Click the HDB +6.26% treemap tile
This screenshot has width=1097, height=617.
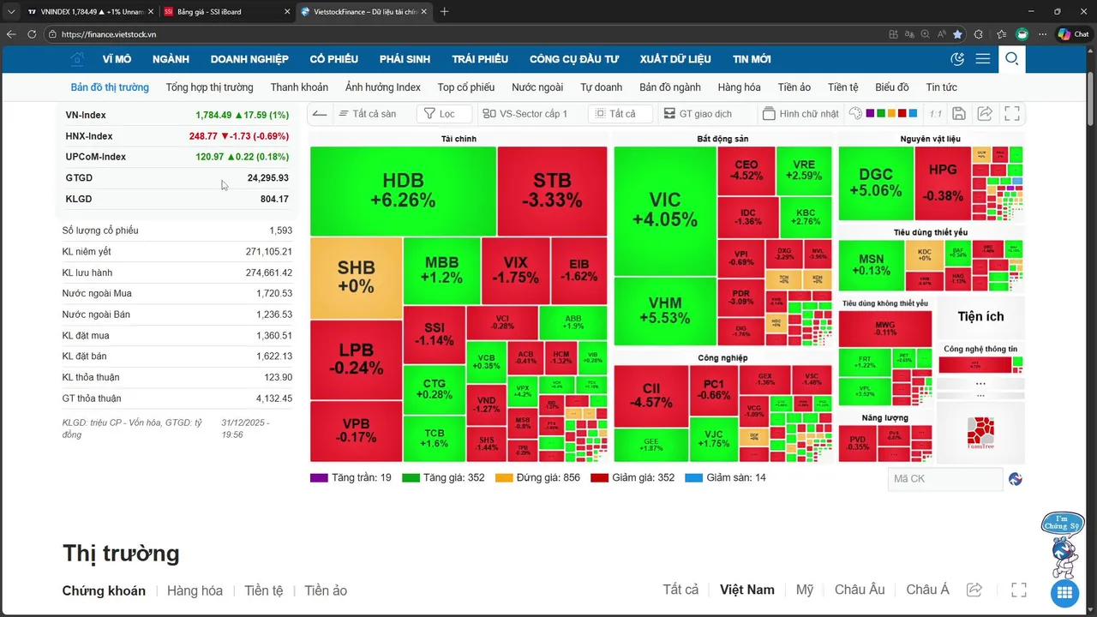point(403,190)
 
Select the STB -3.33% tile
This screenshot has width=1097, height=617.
point(552,190)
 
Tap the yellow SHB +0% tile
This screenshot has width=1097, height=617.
point(356,276)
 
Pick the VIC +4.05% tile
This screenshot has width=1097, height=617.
point(664,209)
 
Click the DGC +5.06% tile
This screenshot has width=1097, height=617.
point(875,183)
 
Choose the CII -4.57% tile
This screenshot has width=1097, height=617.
point(650,395)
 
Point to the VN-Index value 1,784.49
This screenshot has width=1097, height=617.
point(213,115)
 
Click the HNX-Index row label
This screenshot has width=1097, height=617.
point(89,136)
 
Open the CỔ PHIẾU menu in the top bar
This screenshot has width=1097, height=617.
point(333,59)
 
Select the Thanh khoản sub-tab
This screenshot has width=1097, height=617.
point(299,87)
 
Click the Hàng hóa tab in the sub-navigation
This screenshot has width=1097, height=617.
point(739,87)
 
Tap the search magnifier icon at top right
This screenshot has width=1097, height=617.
point(1011,59)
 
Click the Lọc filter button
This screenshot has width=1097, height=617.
point(444,114)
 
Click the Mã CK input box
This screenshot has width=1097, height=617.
point(944,479)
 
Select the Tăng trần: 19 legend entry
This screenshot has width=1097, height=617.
point(351,477)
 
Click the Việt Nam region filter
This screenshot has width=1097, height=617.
point(746,590)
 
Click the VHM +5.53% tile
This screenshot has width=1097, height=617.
point(664,310)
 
